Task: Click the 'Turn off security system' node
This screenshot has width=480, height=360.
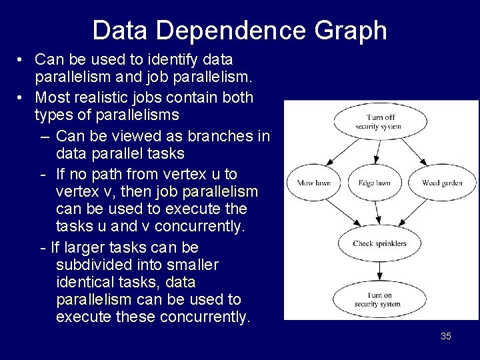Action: (x=377, y=121)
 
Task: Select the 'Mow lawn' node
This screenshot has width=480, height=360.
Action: (x=313, y=183)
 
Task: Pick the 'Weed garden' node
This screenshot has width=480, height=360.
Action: (x=442, y=183)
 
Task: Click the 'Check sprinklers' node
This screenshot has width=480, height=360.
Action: (x=379, y=243)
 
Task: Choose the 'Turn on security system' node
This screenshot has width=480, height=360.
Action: (x=377, y=300)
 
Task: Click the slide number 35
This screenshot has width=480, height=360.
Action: (x=446, y=336)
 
